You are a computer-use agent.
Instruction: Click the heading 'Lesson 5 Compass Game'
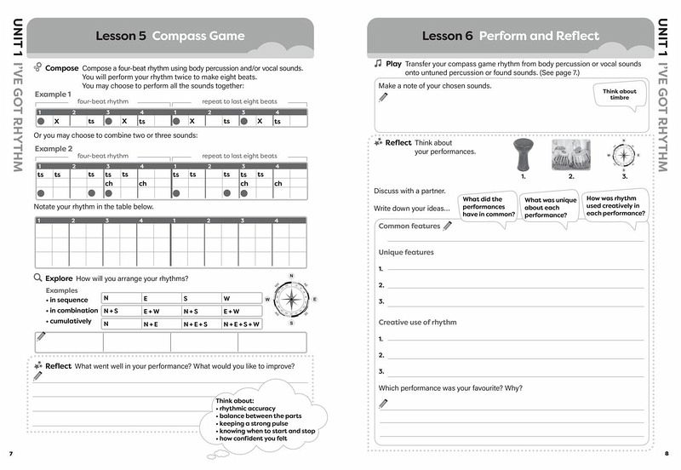click(169, 37)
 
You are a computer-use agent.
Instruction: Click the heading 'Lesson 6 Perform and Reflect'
click(510, 37)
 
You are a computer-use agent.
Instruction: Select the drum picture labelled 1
click(524, 156)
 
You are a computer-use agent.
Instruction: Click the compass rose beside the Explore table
click(291, 299)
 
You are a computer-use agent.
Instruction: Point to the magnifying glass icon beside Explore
click(38, 278)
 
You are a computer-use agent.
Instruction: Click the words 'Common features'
click(409, 226)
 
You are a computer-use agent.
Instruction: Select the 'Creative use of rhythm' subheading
click(417, 322)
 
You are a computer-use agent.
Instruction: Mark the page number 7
click(10, 451)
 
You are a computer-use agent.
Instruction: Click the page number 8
click(668, 451)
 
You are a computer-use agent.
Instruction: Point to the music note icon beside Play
click(378, 64)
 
